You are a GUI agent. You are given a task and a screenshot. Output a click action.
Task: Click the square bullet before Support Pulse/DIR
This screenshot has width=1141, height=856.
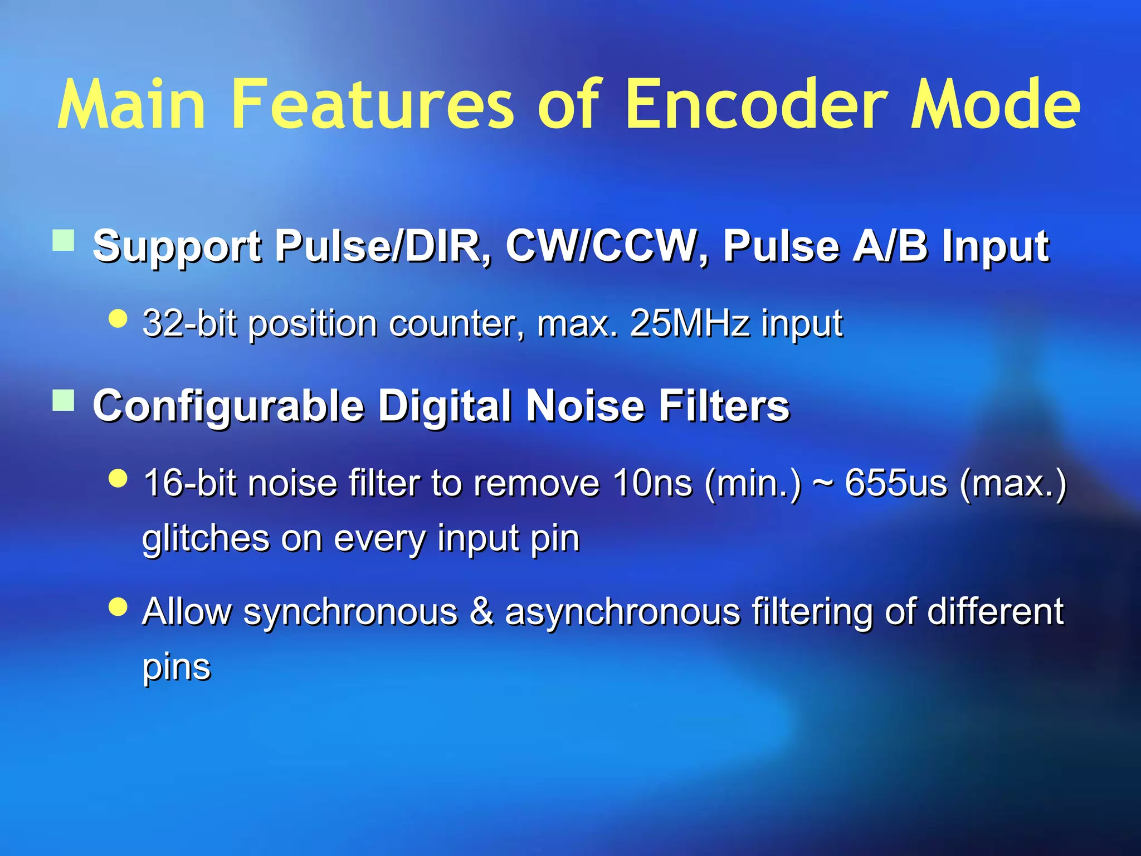click(x=64, y=241)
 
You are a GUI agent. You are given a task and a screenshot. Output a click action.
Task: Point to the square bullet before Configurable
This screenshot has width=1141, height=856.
click(x=64, y=400)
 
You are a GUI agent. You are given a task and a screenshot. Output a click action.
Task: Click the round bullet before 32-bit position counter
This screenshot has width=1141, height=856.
click(x=118, y=319)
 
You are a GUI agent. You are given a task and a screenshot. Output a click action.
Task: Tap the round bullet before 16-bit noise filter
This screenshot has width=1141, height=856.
click(x=118, y=478)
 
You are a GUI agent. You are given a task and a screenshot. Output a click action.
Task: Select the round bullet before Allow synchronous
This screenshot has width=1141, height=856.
click(x=118, y=606)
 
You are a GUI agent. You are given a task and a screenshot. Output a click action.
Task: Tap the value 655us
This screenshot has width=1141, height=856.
click(x=895, y=483)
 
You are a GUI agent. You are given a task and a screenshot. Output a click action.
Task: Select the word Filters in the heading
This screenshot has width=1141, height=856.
click(x=724, y=406)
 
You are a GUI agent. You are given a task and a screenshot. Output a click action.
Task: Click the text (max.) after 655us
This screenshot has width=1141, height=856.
click(x=1013, y=483)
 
